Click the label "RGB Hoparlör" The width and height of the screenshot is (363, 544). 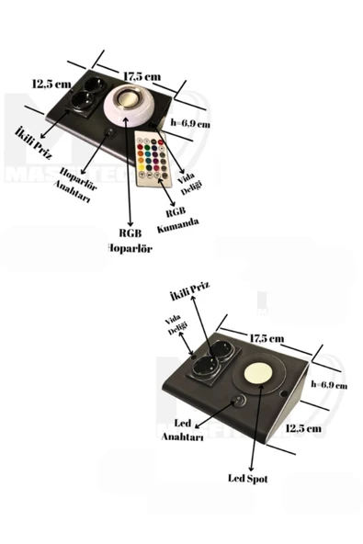(130, 240)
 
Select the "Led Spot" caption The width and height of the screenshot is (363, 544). (248, 478)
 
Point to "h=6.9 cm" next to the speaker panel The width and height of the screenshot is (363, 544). (191, 121)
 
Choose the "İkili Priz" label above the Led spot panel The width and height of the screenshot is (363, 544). (190, 294)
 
